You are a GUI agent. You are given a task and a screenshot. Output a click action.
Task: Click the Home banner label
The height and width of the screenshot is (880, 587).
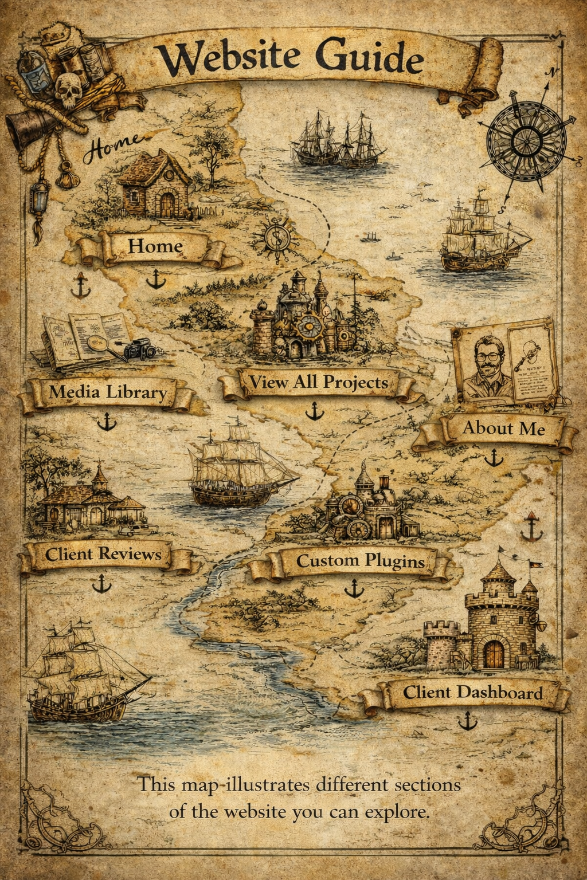(x=155, y=246)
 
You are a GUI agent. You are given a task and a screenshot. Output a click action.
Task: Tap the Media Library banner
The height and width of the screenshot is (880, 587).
(x=107, y=392)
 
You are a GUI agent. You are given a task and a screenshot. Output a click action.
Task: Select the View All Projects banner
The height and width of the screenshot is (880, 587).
(x=318, y=382)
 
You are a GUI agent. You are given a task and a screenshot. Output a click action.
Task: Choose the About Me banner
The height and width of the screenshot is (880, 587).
(x=503, y=429)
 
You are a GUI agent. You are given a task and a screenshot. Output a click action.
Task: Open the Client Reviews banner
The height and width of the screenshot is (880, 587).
(x=103, y=554)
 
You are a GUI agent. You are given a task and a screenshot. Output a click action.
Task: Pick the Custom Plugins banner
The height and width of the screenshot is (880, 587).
(x=360, y=561)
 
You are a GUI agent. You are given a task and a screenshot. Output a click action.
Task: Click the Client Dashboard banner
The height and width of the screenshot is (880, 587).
(x=472, y=693)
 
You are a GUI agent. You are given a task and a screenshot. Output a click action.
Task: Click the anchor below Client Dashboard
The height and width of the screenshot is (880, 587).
(x=468, y=720)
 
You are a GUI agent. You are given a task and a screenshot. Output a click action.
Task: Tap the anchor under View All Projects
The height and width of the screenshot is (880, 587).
(x=314, y=411)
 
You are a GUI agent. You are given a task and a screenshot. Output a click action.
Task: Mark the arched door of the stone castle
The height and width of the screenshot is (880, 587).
(x=494, y=654)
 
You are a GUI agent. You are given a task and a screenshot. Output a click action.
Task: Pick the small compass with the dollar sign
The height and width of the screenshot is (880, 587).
(x=276, y=236)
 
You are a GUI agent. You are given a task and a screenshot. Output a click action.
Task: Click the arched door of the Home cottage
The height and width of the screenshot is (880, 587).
(x=167, y=203)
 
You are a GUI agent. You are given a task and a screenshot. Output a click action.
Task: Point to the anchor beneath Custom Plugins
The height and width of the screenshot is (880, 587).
(x=354, y=588)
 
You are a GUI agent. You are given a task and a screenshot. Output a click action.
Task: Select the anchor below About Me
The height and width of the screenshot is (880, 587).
(x=493, y=457)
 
